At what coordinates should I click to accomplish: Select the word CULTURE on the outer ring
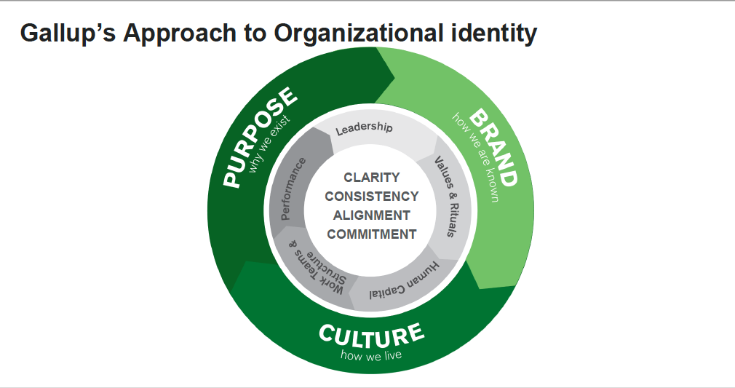(371, 336)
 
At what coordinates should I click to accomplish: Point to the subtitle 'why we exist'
(269, 144)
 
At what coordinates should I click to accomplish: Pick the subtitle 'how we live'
(371, 355)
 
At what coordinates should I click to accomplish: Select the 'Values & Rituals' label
(445, 196)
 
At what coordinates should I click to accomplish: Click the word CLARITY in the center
(371, 177)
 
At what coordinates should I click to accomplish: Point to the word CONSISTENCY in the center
(371, 196)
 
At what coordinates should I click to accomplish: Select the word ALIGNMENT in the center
(371, 215)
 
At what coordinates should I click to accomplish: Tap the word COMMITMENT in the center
(371, 234)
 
